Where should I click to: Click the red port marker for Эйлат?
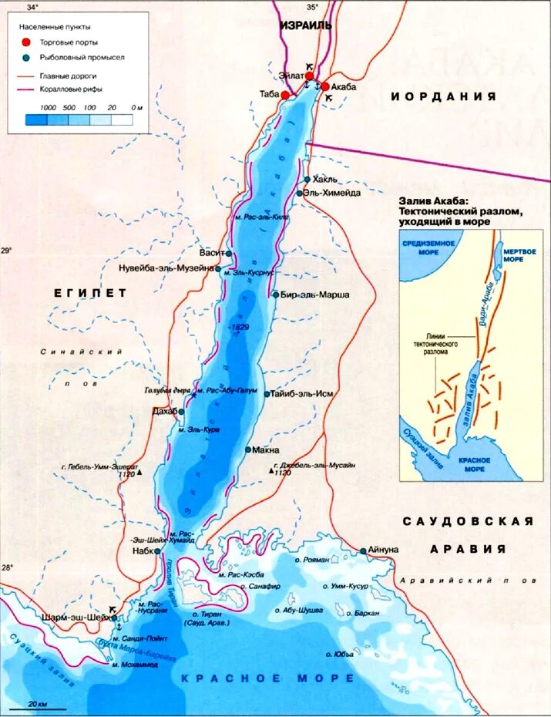[310, 76]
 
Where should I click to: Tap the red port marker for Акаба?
[325, 87]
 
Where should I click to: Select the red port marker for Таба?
[285, 95]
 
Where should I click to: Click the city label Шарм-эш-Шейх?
[73, 617]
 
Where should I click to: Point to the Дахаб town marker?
[181, 412]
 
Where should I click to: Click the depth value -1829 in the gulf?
[240, 328]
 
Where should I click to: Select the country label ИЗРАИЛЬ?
[305, 25]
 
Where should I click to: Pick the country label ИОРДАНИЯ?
[442, 96]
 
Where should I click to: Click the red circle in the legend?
[26, 42]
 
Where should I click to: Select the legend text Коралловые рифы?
[78, 90]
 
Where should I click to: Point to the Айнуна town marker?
[363, 550]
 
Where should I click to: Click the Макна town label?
[267, 450]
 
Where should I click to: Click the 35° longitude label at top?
[312, 6]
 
